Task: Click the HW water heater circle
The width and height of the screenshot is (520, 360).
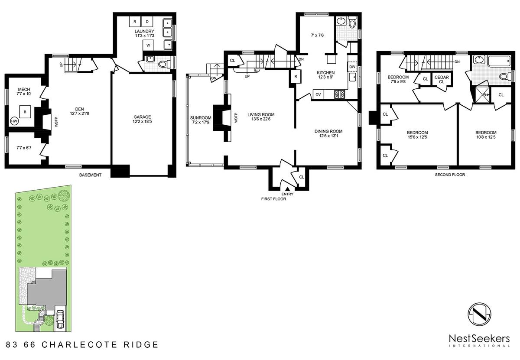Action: [14, 121]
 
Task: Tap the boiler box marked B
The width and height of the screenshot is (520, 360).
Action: [25, 112]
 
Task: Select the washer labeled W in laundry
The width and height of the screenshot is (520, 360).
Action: [148, 45]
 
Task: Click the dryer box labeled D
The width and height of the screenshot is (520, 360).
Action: [147, 22]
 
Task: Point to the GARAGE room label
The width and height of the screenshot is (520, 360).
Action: [142, 117]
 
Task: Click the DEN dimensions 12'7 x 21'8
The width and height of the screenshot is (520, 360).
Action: [79, 114]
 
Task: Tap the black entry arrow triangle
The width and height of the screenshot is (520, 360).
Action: [287, 189]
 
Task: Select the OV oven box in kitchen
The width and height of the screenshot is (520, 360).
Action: [318, 94]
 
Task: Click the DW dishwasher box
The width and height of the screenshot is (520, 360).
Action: [352, 67]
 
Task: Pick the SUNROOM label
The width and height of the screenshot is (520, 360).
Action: [201, 118]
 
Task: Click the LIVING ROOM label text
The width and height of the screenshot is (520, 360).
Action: [261, 114]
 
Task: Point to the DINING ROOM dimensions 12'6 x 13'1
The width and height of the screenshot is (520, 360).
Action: [328, 136]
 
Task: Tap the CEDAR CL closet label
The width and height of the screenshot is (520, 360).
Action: [442, 79]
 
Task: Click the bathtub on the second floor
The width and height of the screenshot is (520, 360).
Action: [499, 61]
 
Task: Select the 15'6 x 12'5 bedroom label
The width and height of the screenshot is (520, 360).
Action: [417, 137]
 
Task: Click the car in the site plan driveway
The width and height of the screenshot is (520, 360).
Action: [60, 320]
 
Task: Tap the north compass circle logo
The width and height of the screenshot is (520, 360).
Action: [479, 314]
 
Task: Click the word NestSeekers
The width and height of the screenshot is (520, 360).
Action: [479, 339]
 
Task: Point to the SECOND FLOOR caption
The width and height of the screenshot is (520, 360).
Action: [450, 175]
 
